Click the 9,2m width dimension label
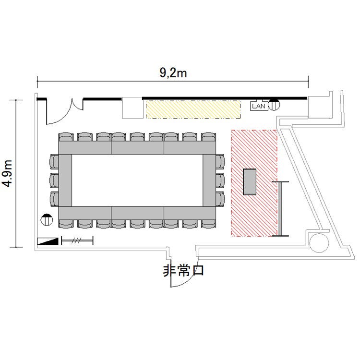pos(173,73)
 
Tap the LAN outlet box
pos(259,106)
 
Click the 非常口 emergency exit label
pos(183,271)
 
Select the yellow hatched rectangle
pos(193,109)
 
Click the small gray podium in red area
pos(250,181)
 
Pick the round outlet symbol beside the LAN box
pos(274,105)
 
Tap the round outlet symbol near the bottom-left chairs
pos(47,220)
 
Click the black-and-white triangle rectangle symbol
pos(48,241)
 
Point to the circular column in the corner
pos(319,243)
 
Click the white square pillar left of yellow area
pos(132,108)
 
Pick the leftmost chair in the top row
pos(66,137)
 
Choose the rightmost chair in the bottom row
pos(209,224)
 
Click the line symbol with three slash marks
pos(77,240)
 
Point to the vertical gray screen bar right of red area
pos(280,209)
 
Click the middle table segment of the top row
pos(138,148)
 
